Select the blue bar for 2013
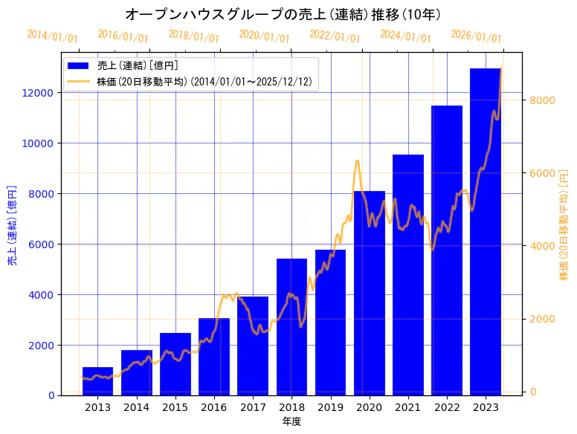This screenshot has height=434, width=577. point(97,381)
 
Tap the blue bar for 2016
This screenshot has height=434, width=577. point(214,357)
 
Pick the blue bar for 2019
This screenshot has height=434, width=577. point(330,323)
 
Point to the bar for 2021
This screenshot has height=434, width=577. point(408,275)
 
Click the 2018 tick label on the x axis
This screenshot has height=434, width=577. point(291,407)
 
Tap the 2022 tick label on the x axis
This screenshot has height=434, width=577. point(447,407)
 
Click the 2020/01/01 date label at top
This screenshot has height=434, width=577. point(265,36)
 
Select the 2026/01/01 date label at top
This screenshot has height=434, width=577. point(477,36)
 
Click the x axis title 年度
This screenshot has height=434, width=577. point(291,422)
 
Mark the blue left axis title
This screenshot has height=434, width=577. point(12,226)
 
